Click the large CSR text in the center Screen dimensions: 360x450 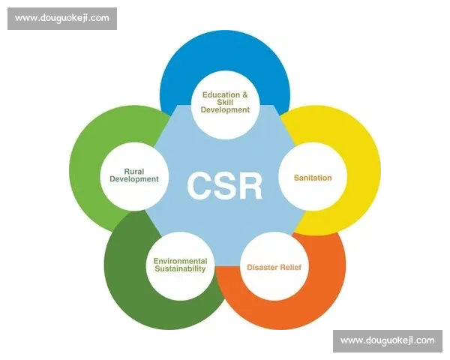pos(225,185)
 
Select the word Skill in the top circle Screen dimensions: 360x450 pos(225,103)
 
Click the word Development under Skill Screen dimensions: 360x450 pos(225,110)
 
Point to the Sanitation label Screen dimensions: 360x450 pos(306,178)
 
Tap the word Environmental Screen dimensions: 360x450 pos(180,261)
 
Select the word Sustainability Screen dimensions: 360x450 pos(180,268)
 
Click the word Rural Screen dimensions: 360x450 pos(133,171)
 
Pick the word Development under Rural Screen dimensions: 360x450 pos(134,179)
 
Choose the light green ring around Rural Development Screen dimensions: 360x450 pos(86,165)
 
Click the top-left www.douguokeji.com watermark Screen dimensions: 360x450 pos(62,17)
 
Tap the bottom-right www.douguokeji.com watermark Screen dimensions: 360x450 pos(387,340)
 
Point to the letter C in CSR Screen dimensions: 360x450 pos(200,185)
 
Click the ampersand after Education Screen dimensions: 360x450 pos(244,95)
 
